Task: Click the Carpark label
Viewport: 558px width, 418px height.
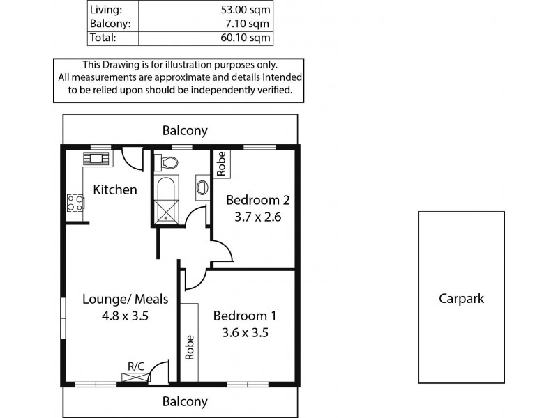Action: point(461,299)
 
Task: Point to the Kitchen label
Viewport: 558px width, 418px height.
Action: point(115,189)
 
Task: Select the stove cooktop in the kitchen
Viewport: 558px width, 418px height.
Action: point(75,203)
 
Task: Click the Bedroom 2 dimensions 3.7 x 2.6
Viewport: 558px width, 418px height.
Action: point(257,216)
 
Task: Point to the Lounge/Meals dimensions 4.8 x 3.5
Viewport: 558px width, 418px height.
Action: point(126,315)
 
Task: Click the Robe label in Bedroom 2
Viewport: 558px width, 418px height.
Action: point(221,164)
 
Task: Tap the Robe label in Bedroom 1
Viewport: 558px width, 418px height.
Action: point(189,347)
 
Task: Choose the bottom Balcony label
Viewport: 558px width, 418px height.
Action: point(185,401)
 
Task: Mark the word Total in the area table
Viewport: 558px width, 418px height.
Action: point(103,38)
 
